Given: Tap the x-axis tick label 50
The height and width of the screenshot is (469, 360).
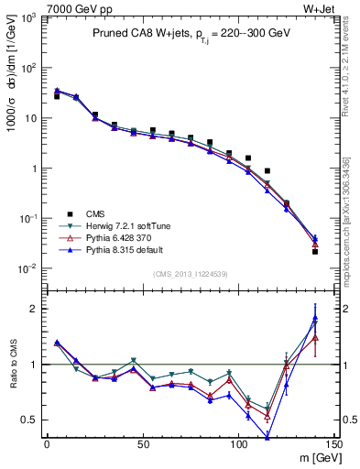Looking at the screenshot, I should click(x=143, y=444).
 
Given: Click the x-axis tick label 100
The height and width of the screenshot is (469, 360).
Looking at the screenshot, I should click(x=239, y=444).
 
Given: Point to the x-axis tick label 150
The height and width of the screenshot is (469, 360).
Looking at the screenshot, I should click(x=335, y=444).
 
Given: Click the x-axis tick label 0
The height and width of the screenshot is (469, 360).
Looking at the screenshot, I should click(x=47, y=444).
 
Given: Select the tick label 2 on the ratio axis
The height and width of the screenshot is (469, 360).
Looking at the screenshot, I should click(x=37, y=309).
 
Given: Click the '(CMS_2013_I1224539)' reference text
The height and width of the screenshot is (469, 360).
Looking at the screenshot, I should click(x=190, y=272).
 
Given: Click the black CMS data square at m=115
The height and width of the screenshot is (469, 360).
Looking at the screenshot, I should click(x=267, y=170).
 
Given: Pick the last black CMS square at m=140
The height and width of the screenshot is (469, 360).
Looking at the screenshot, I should click(x=315, y=251).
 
